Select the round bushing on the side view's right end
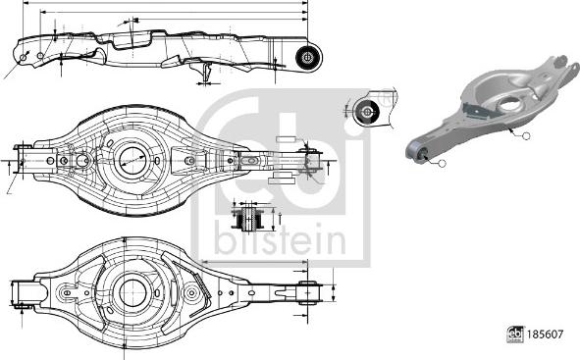coord(306,56)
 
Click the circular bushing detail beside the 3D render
coord(370,111)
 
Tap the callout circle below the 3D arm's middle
coord(525,135)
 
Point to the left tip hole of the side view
coord(23,57)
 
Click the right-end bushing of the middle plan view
coord(312,160)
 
